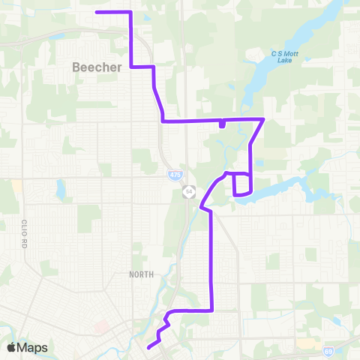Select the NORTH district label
pyautogui.click(x=140, y=274)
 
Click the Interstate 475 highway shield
pyautogui.click(x=174, y=175)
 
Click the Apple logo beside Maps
pyautogui.click(x=11, y=347)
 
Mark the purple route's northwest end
pyautogui.click(x=97, y=12)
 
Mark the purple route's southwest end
pyautogui.click(x=148, y=347)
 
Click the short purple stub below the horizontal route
pyautogui.click(x=222, y=124)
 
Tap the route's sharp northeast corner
pyautogui.click(x=263, y=119)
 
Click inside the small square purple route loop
pyautogui.click(x=242, y=184)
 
